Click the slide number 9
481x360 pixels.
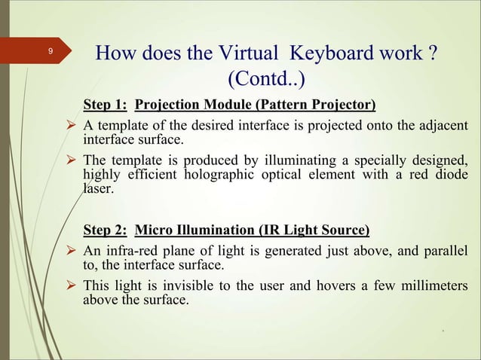tap(50, 51)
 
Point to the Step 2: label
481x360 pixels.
tap(104, 229)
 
